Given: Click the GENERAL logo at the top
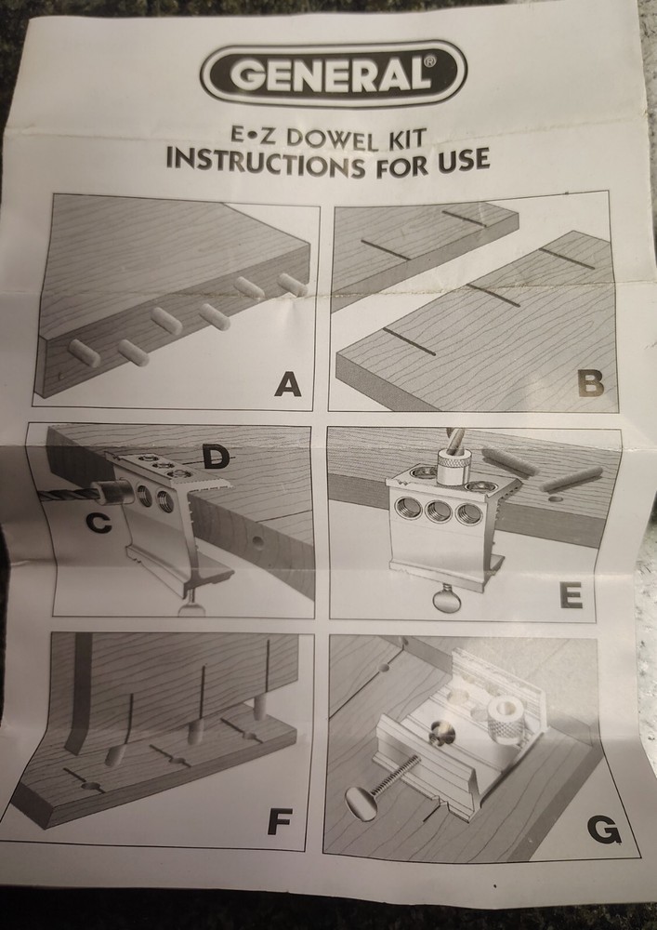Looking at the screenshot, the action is (334, 73).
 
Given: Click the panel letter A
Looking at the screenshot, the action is (287, 386).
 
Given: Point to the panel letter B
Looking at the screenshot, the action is (591, 384).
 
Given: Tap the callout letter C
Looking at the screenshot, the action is (99, 523).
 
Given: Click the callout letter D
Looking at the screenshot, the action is (216, 457).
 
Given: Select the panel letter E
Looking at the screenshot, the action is (572, 595).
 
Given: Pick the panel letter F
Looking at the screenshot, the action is (280, 821).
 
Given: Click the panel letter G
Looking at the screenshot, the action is (604, 830).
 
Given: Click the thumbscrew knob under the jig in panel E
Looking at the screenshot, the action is (447, 599).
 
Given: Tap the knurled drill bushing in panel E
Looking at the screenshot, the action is (453, 469).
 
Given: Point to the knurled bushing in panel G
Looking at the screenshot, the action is (507, 719).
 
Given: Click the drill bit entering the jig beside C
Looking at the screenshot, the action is (68, 494).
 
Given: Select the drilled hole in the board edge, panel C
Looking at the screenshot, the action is (257, 541).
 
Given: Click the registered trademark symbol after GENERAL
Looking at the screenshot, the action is (430, 60).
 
